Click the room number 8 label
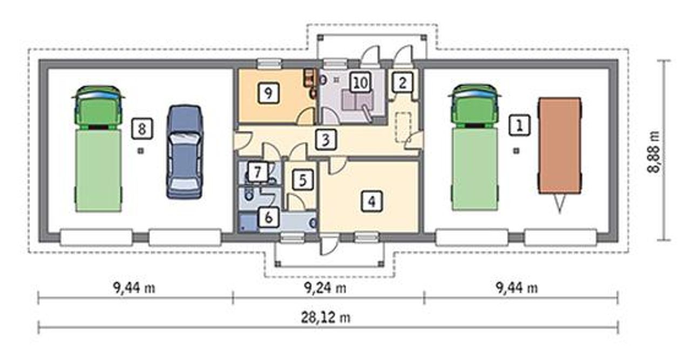(x=142, y=128)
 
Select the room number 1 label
(x=519, y=125)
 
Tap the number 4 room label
(x=372, y=201)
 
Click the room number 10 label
(x=361, y=83)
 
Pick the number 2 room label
(x=402, y=83)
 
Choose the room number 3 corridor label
(x=326, y=139)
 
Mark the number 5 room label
(x=303, y=180)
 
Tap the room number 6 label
(x=269, y=218)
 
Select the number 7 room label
(x=258, y=172)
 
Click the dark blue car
(x=185, y=152)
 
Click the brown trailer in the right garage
(x=560, y=146)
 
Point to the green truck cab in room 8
(x=98, y=107)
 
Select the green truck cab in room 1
(x=475, y=106)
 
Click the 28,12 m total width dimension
(x=326, y=317)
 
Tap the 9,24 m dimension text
(x=326, y=288)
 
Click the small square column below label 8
(x=141, y=151)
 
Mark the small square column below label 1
(x=517, y=151)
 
